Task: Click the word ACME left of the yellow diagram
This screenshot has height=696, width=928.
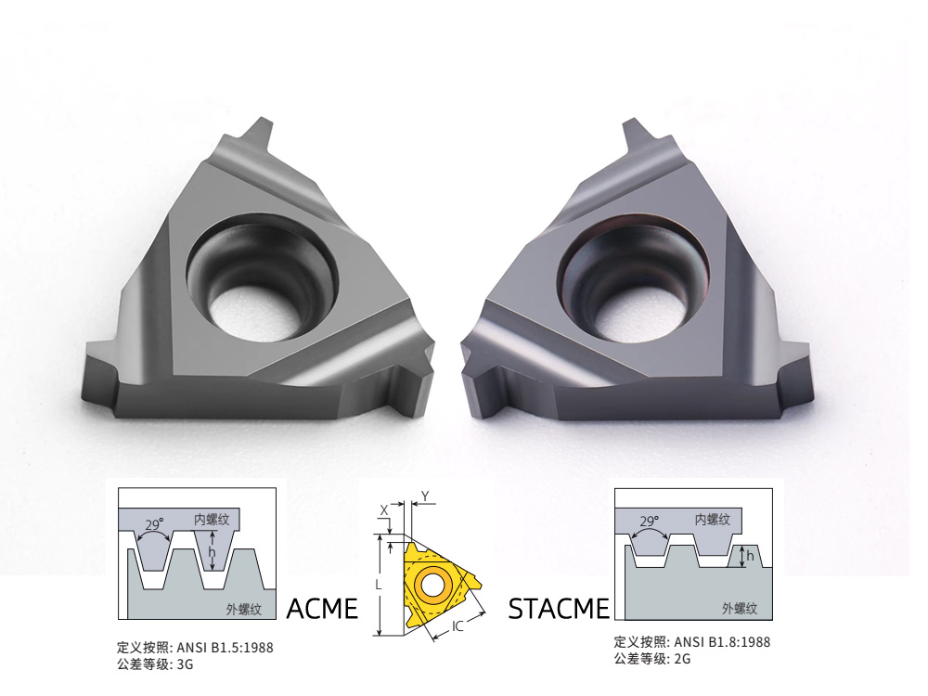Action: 322,609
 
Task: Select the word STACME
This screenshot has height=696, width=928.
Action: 559,609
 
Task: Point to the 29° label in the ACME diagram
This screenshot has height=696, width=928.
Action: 155,524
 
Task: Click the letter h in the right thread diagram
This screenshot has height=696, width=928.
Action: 751,557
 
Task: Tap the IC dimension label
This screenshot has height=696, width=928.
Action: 458,626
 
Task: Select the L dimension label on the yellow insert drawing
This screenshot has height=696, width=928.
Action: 379,586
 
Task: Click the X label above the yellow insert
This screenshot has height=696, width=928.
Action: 384,509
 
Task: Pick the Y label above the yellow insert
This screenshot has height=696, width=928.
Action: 424,497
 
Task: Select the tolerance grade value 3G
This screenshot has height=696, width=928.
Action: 185,664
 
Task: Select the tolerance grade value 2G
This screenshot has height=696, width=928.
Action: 682,659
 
